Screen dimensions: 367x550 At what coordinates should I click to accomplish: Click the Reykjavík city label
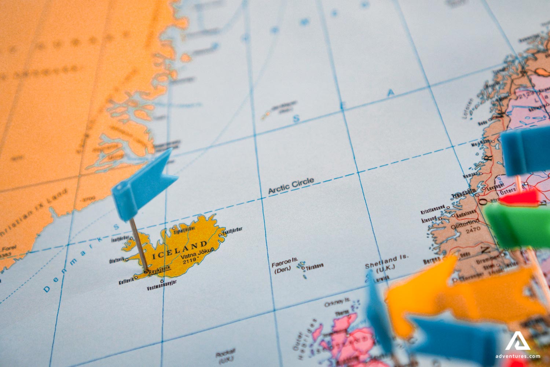pyautogui.click(x=160, y=270)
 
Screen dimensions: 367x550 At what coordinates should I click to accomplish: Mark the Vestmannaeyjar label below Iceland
pyautogui.click(x=162, y=287)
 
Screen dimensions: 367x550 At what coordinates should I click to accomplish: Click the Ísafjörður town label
pyautogui.click(x=120, y=239)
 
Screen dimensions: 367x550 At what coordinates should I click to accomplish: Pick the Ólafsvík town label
pyautogui.click(x=117, y=261)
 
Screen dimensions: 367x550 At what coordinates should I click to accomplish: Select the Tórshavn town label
pyautogui.click(x=315, y=266)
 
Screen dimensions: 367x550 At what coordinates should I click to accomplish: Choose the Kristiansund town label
pyautogui.click(x=432, y=210)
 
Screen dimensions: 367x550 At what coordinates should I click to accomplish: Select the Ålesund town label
pyautogui.click(x=429, y=219)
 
